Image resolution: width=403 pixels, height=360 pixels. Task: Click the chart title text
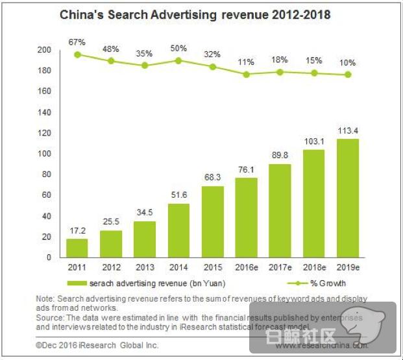click(195, 14)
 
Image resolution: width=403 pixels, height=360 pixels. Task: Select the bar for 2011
click(77, 248)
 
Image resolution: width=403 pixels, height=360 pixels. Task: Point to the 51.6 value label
click(178, 195)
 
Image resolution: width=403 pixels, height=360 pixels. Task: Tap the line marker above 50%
click(178, 60)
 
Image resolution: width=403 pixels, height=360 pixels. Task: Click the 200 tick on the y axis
click(44, 50)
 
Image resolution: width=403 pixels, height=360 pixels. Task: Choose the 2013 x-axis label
click(144, 267)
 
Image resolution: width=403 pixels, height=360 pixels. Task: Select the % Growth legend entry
click(324, 283)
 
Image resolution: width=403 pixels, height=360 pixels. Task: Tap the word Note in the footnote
click(44, 298)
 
